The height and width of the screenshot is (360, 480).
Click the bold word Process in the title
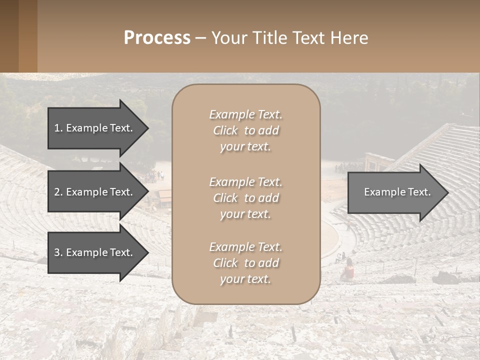click(157, 38)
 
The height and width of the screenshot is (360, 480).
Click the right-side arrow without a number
click(395, 192)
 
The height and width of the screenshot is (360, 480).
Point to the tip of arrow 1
click(147, 128)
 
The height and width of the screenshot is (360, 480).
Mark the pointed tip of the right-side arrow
click(447, 192)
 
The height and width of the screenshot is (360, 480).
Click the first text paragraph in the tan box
click(245, 130)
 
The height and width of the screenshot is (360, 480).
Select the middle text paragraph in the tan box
click(245, 198)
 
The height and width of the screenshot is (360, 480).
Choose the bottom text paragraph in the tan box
click(245, 263)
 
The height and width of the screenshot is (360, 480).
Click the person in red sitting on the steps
click(348, 270)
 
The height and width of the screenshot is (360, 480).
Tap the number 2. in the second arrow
click(58, 192)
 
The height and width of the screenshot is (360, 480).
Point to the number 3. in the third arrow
click(58, 252)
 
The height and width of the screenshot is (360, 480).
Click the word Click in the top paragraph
click(225, 131)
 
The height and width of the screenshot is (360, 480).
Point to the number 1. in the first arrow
click(58, 128)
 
